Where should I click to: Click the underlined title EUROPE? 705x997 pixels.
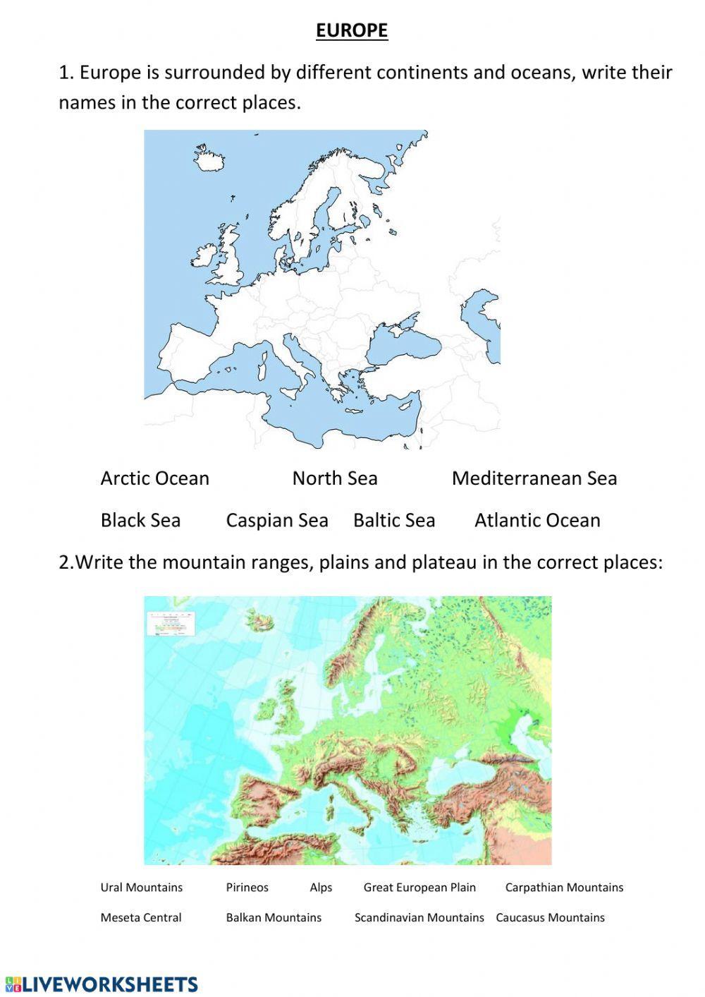(352, 30)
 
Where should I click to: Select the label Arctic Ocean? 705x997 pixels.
(154, 478)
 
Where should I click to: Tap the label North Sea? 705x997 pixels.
(335, 478)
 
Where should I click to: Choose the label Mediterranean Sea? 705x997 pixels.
(534, 478)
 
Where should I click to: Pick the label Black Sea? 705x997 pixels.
(140, 521)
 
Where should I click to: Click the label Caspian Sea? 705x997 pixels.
(277, 521)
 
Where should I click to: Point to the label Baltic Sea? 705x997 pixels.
(394, 521)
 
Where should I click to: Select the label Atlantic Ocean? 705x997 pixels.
(537, 521)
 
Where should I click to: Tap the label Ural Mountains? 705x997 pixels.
(141, 888)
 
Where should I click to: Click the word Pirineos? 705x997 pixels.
(247, 888)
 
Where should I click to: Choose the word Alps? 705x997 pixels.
(321, 888)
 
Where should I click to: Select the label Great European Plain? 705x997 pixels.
(419, 888)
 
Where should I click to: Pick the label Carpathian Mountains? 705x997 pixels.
(564, 888)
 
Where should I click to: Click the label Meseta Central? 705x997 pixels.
(141, 918)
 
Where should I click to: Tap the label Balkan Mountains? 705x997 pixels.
(274, 918)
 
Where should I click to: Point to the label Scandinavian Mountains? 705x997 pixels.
(419, 918)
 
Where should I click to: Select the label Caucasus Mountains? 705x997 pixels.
(550, 918)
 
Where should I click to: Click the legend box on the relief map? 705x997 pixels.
(170, 624)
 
